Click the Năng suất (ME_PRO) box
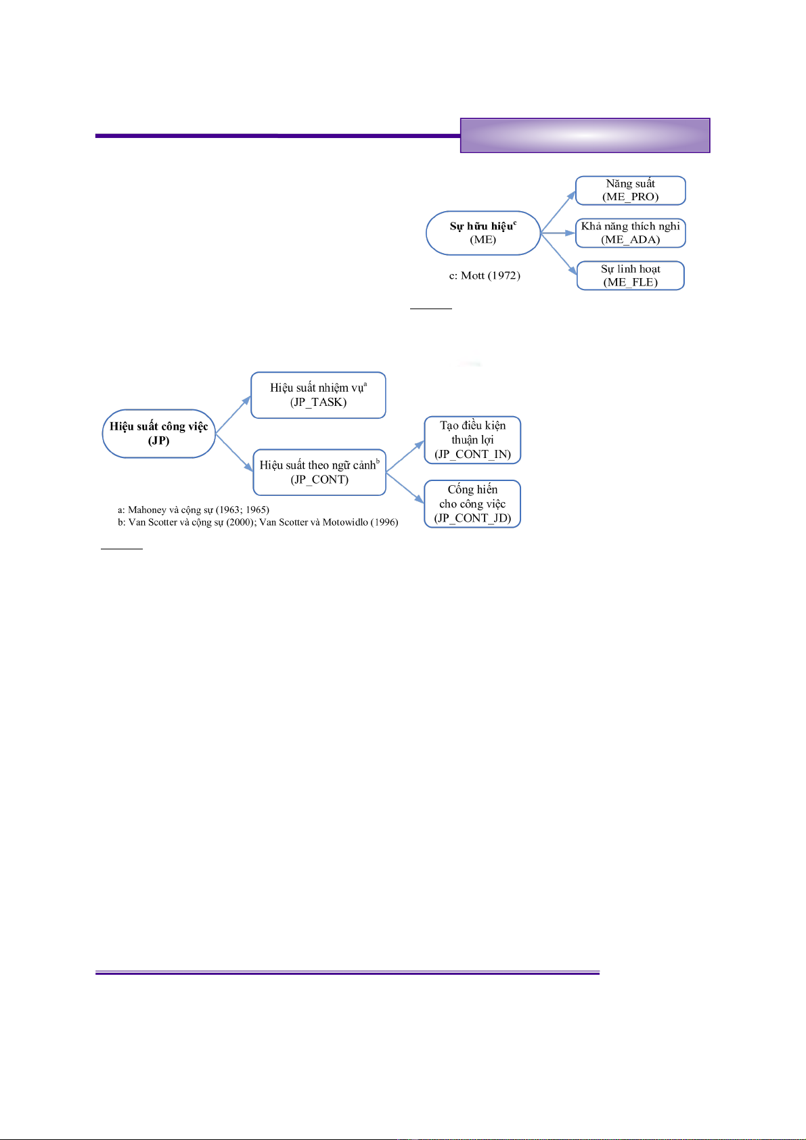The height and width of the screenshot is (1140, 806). tap(630, 190)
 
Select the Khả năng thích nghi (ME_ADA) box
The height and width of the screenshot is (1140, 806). tap(630, 233)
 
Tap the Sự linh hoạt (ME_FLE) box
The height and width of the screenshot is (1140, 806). tap(630, 275)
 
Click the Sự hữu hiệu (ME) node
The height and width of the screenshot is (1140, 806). tap(483, 233)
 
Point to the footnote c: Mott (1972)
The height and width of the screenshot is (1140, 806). tap(485, 275)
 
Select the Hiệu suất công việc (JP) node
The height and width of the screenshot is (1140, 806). tap(159, 434)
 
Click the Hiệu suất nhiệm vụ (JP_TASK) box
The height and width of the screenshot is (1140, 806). tap(318, 395)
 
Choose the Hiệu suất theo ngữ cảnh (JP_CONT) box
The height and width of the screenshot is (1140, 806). tap(319, 472)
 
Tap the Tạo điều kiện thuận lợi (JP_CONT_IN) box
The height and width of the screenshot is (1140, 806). tap(472, 440)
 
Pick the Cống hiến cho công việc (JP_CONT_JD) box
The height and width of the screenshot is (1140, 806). tap(472, 504)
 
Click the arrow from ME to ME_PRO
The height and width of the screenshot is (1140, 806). tap(558, 212)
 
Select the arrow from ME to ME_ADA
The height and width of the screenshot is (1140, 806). tap(558, 233)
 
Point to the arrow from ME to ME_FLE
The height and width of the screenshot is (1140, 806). tap(558, 254)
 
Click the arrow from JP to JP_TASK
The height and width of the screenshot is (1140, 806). tap(233, 415)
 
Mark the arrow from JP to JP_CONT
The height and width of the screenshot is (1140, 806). tap(234, 453)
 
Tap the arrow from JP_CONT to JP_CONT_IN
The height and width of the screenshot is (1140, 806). tap(405, 457)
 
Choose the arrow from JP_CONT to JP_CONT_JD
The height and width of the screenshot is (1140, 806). tap(405, 488)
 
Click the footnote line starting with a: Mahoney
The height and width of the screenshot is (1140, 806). tap(194, 509)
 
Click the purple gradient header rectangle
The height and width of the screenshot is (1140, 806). tap(585, 135)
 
